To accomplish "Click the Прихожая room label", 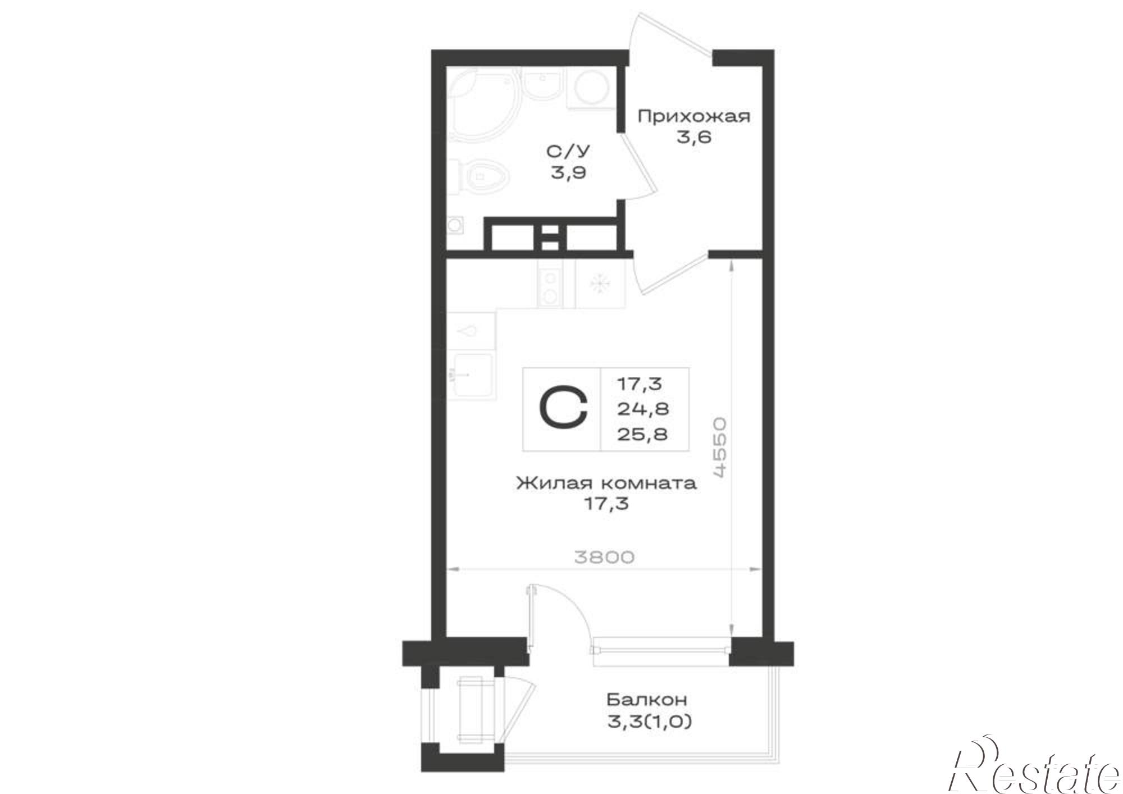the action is point(694,117).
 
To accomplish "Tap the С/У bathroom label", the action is point(568,152).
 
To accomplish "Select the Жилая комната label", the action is point(606,483).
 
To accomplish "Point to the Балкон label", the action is point(647,700).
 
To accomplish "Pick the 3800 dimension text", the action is point(604,557).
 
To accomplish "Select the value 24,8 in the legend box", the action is point(643,409).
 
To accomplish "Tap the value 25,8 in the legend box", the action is point(643,433).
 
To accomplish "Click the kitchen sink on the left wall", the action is point(471,375).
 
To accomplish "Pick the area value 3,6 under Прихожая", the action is point(694,137).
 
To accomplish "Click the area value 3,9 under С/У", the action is point(568,172).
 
